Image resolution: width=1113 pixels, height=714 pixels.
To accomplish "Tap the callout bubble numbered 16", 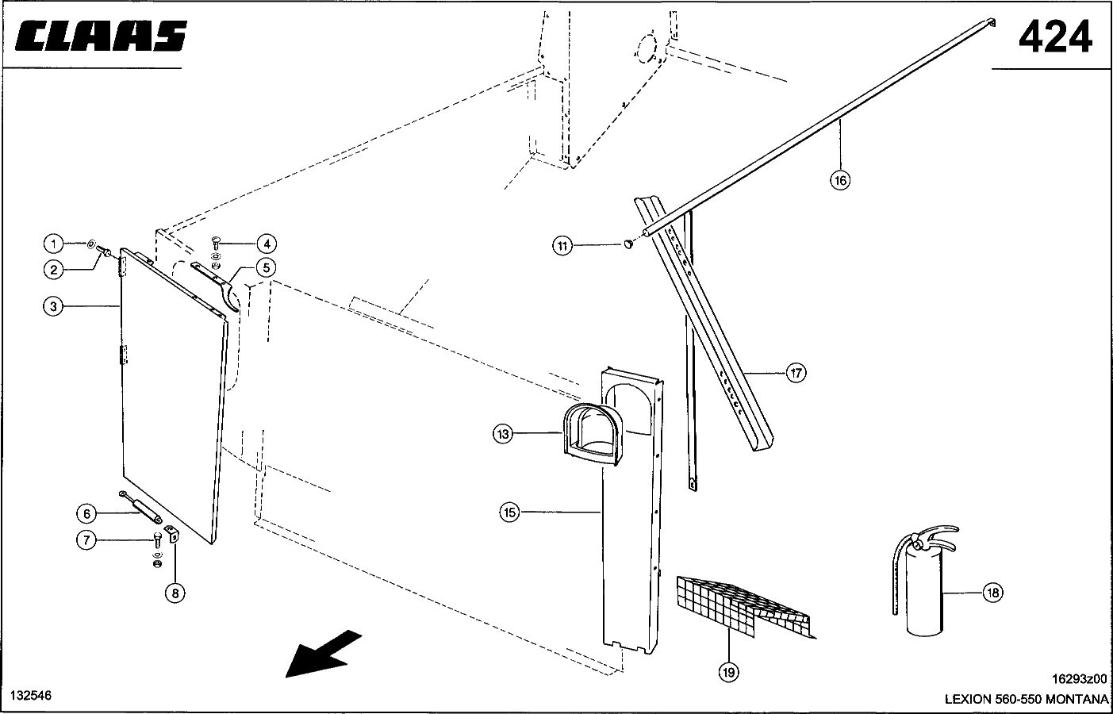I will [x=840, y=180].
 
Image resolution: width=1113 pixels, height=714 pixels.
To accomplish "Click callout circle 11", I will [x=562, y=246].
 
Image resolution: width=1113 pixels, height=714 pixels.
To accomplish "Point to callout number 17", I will [x=796, y=372].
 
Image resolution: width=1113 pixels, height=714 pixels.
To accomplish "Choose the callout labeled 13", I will [x=502, y=434].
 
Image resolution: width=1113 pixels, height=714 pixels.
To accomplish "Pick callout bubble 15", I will [x=509, y=512].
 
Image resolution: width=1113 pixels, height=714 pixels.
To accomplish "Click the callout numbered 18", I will [x=992, y=592].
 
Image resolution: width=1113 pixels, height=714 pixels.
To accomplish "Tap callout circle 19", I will [x=728, y=672].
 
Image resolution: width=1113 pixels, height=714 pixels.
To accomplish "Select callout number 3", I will [x=52, y=306].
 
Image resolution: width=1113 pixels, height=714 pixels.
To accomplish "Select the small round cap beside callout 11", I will [x=629, y=244].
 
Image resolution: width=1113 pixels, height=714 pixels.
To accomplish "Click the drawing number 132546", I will [x=30, y=696].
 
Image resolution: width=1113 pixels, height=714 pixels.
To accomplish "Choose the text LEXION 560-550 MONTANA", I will [x=1026, y=699].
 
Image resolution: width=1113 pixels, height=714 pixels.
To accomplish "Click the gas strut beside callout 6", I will [x=141, y=505].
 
